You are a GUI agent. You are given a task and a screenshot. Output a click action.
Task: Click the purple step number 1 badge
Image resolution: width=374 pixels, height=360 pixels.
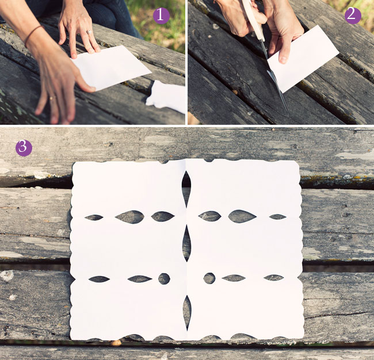click(x=161, y=16)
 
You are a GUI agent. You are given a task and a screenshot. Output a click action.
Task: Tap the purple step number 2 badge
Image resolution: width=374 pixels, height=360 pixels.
click(x=353, y=16)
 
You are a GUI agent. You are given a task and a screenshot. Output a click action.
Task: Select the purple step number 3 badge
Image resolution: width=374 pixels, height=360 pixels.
click(x=24, y=148)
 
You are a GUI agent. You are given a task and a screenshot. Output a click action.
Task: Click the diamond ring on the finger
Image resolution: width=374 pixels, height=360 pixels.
click(x=89, y=32)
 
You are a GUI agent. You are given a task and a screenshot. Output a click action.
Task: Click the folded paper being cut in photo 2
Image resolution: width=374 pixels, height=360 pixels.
click(x=303, y=59)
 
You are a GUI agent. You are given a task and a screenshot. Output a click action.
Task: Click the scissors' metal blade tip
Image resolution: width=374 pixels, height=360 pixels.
click(x=287, y=110)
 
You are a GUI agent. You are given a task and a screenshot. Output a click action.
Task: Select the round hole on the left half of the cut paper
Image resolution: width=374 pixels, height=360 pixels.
click(x=164, y=279)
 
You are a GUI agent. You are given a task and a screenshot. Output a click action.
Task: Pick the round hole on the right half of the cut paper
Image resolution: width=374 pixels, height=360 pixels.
click(x=209, y=278)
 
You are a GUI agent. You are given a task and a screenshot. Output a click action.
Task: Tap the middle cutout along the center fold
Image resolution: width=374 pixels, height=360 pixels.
click(x=186, y=244)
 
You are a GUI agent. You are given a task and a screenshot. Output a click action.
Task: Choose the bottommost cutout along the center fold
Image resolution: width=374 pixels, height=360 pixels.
click(x=187, y=313)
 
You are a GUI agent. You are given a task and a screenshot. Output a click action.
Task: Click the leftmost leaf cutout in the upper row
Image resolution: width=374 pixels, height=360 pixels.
click(x=94, y=217)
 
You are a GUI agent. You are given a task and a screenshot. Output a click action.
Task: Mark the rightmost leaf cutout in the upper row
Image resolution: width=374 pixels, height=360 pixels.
click(x=278, y=217)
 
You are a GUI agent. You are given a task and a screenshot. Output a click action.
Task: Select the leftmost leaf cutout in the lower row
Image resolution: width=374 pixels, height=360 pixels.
click(x=99, y=279)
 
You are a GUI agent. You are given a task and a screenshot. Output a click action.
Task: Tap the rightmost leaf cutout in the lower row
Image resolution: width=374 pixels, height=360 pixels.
click(x=274, y=278)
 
